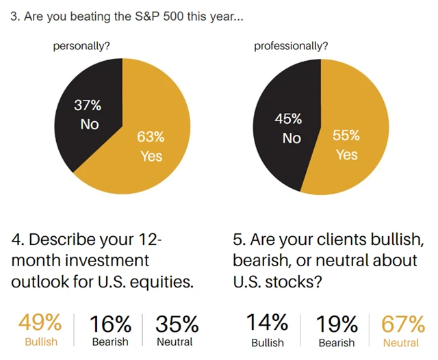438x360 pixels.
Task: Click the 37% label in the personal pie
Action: point(88,106)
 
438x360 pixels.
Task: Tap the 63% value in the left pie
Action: point(151,138)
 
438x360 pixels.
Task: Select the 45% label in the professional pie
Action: point(288,120)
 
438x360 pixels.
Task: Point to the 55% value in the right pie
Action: point(346,136)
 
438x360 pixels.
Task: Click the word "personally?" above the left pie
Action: point(82,47)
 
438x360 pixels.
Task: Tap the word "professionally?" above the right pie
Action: point(291,47)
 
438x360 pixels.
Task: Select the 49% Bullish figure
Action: point(40,322)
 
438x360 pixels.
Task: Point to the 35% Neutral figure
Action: point(177,322)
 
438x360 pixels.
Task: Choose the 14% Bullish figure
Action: point(268,322)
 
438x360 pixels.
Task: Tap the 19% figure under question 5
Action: point(337,322)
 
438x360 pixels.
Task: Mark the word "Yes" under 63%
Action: point(151,156)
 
